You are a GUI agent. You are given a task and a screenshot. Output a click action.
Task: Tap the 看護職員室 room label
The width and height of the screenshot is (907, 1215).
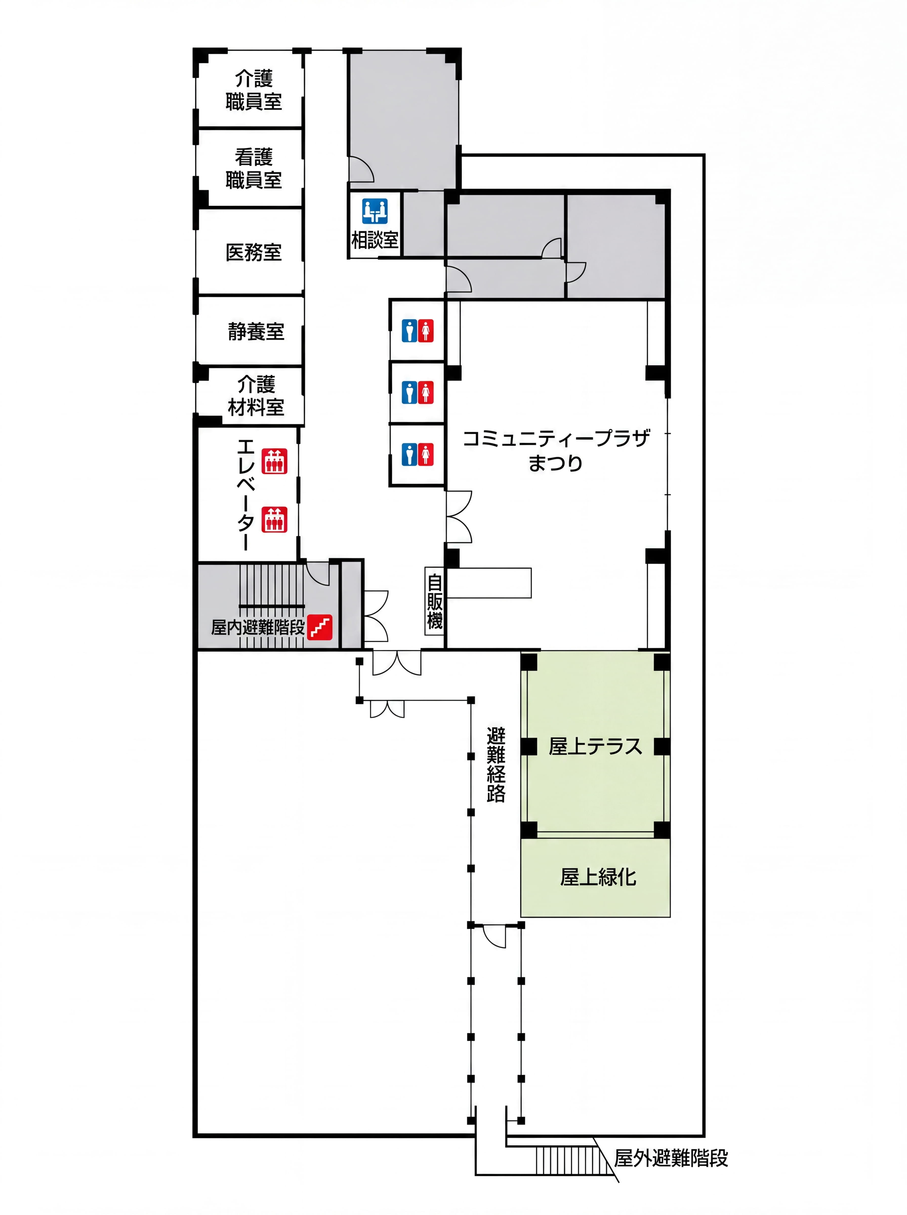pyautogui.click(x=254, y=169)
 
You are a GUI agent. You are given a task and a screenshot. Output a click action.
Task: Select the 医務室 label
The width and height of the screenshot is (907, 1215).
pyautogui.click(x=254, y=253)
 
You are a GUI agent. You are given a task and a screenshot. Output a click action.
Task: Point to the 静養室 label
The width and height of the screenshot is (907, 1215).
pyautogui.click(x=256, y=332)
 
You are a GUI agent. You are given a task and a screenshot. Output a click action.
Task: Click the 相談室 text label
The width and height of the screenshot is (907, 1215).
pyautogui.click(x=375, y=240)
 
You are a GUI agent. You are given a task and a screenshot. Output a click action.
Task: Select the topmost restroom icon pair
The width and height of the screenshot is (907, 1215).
pyautogui.click(x=417, y=331)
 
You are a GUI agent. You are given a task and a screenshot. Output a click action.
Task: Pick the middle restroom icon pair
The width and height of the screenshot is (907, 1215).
pyautogui.click(x=417, y=393)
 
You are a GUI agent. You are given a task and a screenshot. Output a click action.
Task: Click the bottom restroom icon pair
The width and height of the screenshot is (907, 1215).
pyautogui.click(x=417, y=455)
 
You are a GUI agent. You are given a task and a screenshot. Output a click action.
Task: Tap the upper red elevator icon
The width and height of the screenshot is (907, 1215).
pyautogui.click(x=274, y=461)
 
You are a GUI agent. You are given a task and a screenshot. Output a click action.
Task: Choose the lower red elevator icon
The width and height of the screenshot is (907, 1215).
pyautogui.click(x=274, y=519)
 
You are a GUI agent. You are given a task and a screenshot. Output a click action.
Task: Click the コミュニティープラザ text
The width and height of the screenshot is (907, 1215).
pyautogui.click(x=556, y=438)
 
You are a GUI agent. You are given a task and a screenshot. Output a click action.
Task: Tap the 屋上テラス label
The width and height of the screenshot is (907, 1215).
pyautogui.click(x=595, y=747)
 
